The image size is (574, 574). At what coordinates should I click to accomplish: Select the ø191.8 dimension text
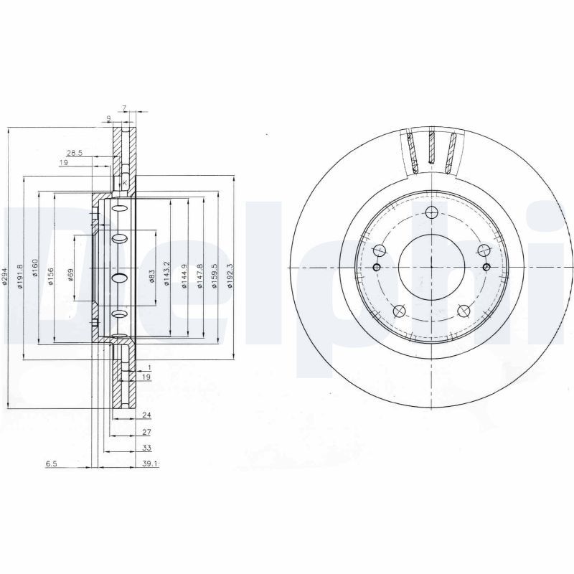tap(22, 276)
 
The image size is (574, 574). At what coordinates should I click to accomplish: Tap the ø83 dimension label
tap(153, 276)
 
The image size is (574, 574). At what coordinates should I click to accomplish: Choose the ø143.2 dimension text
tap(167, 276)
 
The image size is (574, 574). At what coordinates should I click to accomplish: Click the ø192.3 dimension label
tap(230, 276)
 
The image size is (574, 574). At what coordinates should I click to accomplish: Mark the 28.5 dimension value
tap(75, 153)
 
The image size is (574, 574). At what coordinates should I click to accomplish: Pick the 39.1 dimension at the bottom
tap(149, 464)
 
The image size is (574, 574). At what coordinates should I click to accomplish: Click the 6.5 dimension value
tap(52, 464)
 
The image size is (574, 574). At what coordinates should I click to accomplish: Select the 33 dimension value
tap(146, 448)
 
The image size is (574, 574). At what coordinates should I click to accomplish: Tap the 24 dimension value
tap(146, 415)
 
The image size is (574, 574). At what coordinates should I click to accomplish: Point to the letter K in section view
tap(125, 184)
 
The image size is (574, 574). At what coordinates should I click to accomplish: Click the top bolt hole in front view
tap(431, 212)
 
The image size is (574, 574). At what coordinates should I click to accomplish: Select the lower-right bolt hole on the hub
tap(464, 311)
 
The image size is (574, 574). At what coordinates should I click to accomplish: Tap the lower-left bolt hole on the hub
tap(399, 311)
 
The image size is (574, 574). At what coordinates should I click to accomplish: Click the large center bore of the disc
tap(431, 268)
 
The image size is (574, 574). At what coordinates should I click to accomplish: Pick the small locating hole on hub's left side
tap(377, 268)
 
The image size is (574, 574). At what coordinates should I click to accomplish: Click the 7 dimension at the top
tap(124, 108)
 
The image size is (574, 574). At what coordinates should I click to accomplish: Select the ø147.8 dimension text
tap(199, 276)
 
